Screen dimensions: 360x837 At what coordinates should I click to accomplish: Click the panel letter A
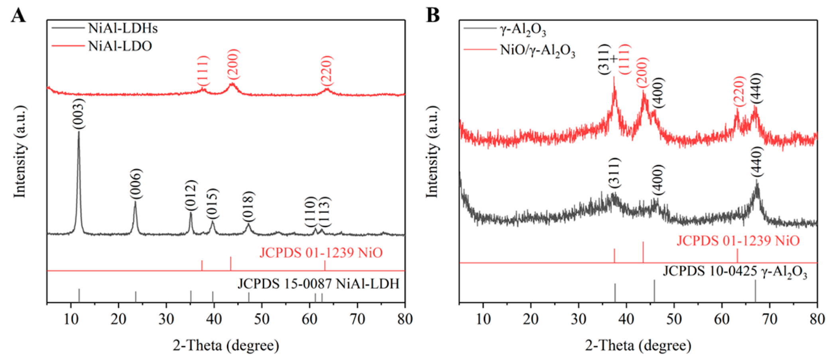click(18, 16)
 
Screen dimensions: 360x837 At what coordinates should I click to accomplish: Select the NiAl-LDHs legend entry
click(122, 28)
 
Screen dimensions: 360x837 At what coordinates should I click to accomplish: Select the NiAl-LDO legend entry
click(120, 46)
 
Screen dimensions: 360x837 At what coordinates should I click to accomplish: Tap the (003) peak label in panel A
click(79, 114)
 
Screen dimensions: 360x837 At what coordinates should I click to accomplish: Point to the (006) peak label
click(136, 184)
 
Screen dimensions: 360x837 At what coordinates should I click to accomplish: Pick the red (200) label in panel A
click(233, 65)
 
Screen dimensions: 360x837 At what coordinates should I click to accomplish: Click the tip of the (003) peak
click(79, 132)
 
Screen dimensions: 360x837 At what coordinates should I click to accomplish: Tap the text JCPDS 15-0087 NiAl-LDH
click(318, 284)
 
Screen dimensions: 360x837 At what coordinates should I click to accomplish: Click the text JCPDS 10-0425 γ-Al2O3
click(735, 272)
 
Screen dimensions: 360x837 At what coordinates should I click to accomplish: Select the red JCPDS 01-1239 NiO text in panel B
click(738, 241)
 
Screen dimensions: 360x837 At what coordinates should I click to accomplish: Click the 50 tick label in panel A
click(262, 319)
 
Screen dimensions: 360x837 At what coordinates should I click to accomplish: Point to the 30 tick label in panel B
click(578, 319)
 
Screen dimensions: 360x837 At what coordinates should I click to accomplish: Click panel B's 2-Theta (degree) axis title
click(638, 345)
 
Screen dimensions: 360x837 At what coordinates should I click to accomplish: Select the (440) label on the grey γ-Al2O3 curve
click(756, 162)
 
